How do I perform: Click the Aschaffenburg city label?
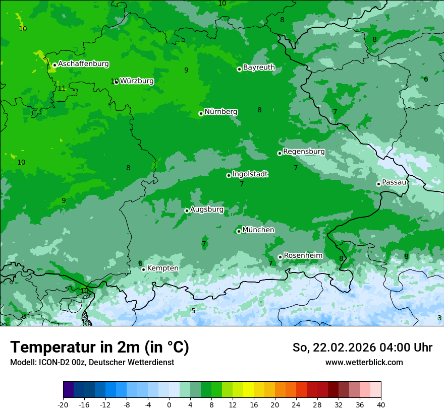(83, 64)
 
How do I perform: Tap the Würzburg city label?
(137, 81)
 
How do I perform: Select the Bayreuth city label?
(259, 67)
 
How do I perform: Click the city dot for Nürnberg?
(201, 113)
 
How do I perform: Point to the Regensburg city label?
(304, 151)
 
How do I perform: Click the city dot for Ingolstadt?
(229, 175)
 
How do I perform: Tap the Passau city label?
(394, 182)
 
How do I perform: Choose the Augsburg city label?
(207, 209)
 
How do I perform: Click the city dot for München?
(239, 231)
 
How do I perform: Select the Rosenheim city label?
(303, 255)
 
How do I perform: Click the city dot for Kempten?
(143, 269)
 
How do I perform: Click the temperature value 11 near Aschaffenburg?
(62, 88)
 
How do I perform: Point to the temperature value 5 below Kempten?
(193, 311)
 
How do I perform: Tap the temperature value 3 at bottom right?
(439, 318)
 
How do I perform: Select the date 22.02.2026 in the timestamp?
(345, 347)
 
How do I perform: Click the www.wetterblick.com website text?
(364, 362)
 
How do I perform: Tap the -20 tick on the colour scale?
(63, 404)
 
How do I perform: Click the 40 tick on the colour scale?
(380, 404)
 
